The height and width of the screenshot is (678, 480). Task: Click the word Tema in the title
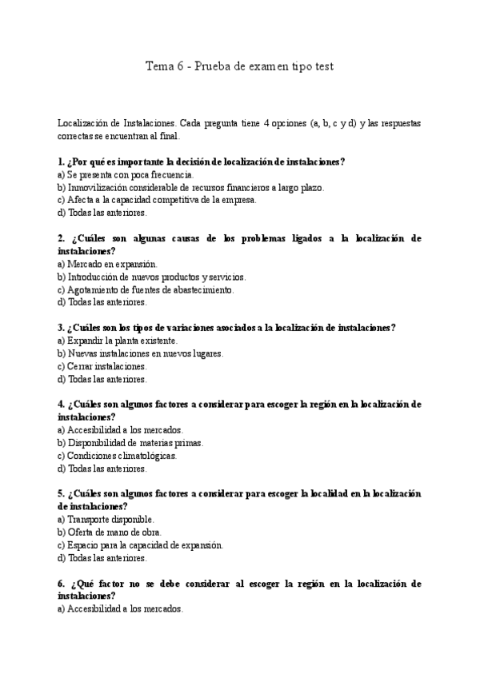pos(158,66)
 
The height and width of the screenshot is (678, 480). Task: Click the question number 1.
pos(62,162)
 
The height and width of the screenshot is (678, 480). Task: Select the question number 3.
pos(62,328)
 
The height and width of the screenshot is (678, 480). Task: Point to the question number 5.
pos(62,494)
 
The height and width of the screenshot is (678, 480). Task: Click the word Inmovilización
pos(101,187)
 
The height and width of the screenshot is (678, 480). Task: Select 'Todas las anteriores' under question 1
pos(107,213)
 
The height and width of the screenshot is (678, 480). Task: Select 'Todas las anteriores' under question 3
pos(107,379)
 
